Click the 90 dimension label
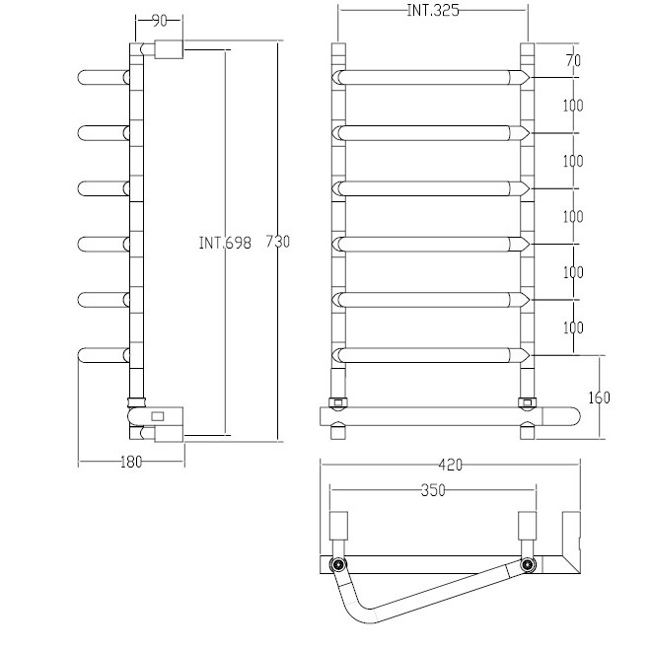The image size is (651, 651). coord(160,21)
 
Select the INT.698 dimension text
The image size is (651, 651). coord(225,243)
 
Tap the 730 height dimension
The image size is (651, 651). coord(278,242)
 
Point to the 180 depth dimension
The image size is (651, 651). coord(131,462)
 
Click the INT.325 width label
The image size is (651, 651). coord(433,11)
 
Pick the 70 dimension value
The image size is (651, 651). coord(573,60)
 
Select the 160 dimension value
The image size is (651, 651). coord(599,398)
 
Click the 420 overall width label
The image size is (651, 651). coord(451,465)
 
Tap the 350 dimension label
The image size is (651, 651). coord(433,490)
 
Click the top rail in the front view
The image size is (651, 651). coord(430,78)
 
